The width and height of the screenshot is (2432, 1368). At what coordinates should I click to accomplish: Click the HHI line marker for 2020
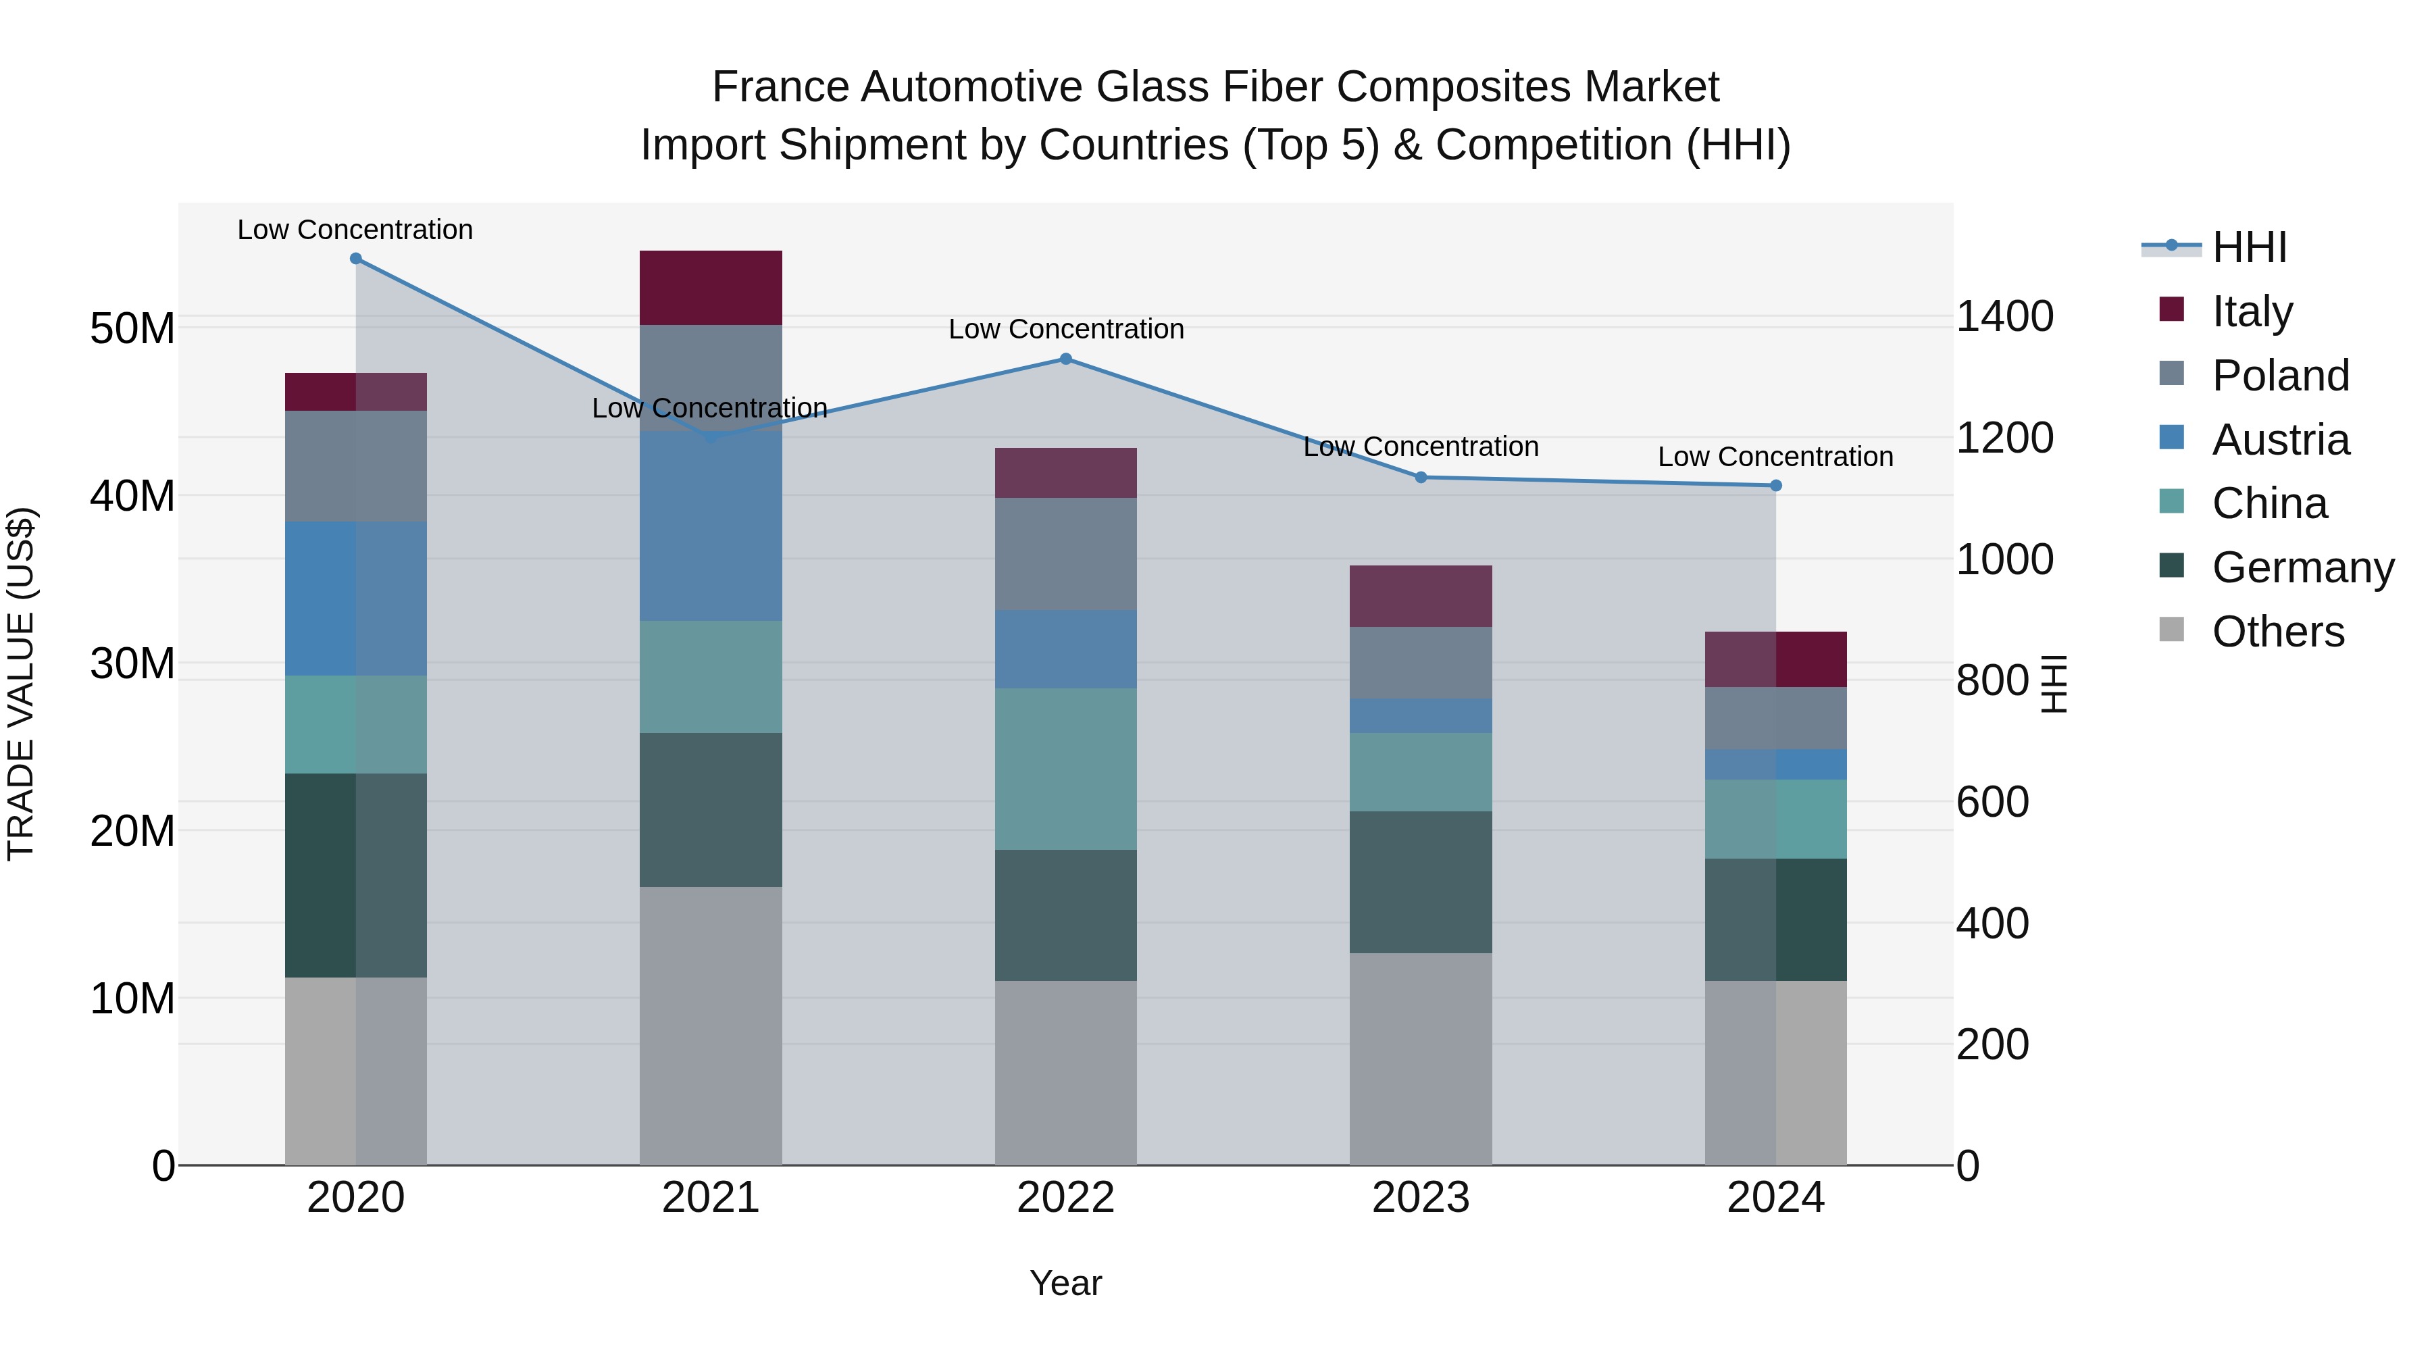point(356,259)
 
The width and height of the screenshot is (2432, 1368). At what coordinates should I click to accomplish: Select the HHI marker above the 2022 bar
point(1066,359)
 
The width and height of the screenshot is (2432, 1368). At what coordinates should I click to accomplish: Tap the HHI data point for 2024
point(1776,485)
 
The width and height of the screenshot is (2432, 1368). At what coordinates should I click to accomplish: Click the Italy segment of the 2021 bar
point(711,288)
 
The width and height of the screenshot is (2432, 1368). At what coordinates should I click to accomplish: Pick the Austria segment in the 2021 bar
point(711,526)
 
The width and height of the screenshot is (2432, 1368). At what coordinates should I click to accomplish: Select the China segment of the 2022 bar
point(1066,769)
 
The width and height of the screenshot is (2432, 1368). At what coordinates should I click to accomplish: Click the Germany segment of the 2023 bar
point(1421,882)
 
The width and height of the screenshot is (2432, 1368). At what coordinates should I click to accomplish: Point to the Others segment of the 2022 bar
point(1066,1073)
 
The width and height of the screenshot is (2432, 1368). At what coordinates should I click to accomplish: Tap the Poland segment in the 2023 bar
point(1421,663)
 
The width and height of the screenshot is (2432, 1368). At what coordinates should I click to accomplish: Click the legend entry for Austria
point(2280,440)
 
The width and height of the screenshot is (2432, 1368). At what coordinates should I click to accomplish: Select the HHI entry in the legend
point(2249,247)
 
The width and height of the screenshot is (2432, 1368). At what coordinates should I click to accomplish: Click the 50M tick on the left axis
point(132,328)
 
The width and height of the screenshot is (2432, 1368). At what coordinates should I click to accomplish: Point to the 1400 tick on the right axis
point(2004,316)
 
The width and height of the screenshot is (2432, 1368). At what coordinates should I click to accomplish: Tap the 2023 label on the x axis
point(1421,1198)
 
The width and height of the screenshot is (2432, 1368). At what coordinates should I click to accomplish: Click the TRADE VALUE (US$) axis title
point(21,684)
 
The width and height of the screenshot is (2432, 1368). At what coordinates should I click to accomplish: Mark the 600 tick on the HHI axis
point(1992,803)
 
